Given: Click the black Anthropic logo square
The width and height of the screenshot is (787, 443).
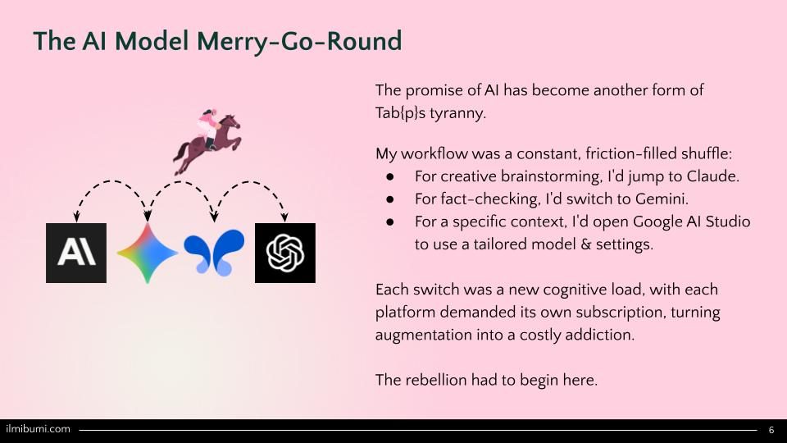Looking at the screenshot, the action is tap(75, 253).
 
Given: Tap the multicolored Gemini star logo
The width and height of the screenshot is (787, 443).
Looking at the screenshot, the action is tap(147, 253).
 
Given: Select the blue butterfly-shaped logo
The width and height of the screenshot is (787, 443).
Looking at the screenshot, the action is tap(214, 253).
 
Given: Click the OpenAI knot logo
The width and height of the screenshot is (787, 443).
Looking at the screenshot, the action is tap(285, 253).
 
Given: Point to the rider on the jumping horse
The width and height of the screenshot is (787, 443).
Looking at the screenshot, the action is tap(208, 127).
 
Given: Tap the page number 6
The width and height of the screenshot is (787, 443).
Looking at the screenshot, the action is tap(771, 430).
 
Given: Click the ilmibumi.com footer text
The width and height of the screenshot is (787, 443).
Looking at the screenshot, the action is tap(39, 429).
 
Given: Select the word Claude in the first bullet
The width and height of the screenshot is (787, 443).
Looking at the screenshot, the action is tap(712, 176).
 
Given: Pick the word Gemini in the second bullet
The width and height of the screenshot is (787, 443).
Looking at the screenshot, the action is tap(662, 199).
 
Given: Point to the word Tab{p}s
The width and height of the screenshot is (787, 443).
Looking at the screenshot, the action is tap(401, 113).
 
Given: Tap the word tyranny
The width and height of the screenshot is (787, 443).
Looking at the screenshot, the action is tap(457, 113).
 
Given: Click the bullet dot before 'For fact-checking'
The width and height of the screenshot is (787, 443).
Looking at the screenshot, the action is tap(390, 199).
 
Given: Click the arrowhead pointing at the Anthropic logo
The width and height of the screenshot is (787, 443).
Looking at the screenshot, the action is tap(76, 217).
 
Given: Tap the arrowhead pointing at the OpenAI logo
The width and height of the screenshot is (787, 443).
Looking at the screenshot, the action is tap(284, 217).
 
